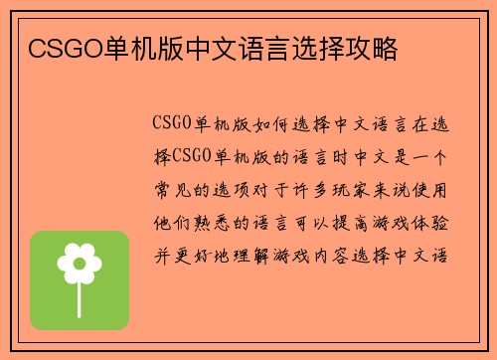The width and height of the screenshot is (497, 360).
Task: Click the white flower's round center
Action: coord(80,264)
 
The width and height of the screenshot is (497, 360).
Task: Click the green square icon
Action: coord(80,280)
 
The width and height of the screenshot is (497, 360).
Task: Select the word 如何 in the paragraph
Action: coord(260,124)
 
